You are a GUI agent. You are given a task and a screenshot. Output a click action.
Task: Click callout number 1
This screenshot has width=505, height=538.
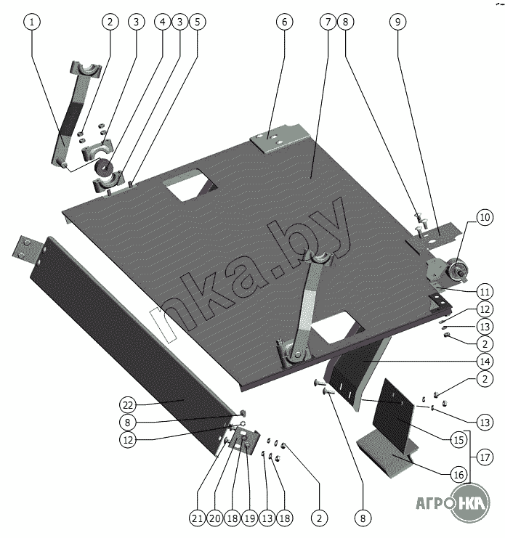(x=32, y=22)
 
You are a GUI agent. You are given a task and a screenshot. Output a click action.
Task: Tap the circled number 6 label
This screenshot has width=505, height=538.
(x=285, y=22)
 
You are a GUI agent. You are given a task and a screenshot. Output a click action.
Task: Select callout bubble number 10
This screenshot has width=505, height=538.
(x=485, y=218)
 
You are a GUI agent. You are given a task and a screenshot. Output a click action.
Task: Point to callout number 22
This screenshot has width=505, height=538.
(x=128, y=405)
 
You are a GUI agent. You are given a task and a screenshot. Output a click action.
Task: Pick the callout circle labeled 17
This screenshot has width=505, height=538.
(x=485, y=457)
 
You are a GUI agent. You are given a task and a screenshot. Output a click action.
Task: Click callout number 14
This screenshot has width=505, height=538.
(x=485, y=362)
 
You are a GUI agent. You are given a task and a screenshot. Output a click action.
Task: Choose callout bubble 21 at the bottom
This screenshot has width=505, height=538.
(x=198, y=518)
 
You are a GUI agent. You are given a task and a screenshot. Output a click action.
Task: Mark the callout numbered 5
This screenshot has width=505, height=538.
(x=198, y=22)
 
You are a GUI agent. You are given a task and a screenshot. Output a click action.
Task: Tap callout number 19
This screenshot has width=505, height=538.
(x=250, y=518)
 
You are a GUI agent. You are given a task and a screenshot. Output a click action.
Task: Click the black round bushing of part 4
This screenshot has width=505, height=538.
(x=105, y=166)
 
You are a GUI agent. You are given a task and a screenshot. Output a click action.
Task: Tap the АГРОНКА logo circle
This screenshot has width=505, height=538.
(x=469, y=502)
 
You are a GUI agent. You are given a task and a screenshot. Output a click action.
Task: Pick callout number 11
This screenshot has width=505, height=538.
(x=485, y=292)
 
